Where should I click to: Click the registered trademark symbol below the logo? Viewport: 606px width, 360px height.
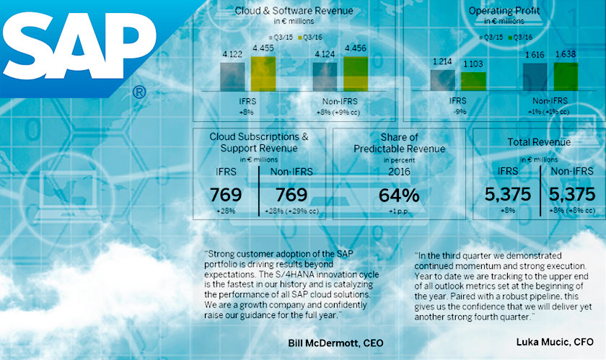coord(139,92)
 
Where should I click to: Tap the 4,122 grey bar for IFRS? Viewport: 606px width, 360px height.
coord(232,74)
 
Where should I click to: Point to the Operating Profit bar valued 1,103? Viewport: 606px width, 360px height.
coord(474,80)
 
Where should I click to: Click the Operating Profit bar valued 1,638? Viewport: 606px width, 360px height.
coord(566,76)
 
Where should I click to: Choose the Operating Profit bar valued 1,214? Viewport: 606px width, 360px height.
coord(442,79)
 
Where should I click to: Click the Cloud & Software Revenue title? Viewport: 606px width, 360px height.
coord(294,11)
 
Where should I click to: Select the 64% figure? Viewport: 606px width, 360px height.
coord(399,195)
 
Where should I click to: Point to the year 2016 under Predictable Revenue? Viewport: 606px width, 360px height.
coord(398,172)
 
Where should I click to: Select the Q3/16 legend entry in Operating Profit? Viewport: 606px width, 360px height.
coord(519,36)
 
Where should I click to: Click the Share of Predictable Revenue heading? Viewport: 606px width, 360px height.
coord(398,143)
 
